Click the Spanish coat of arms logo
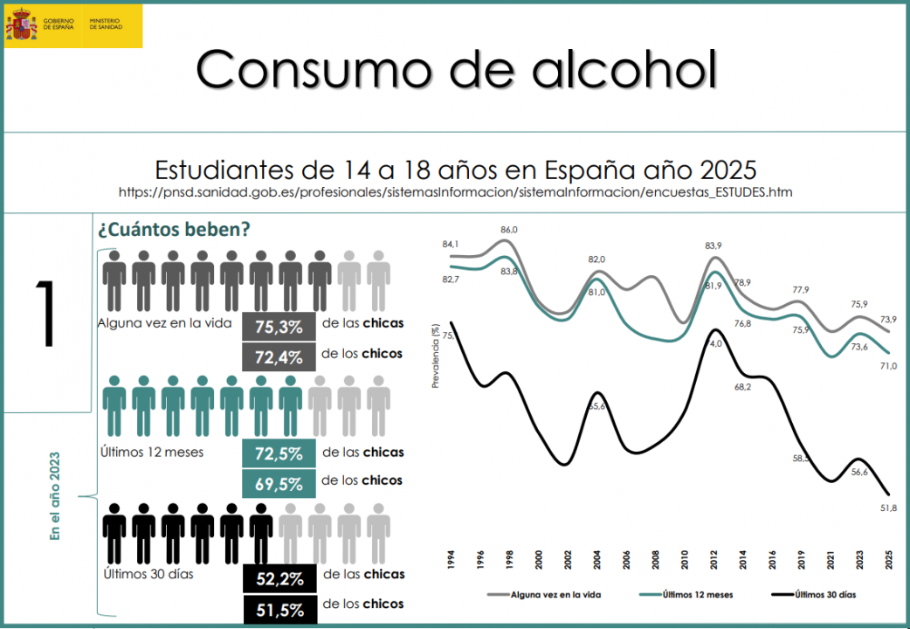pos(21,24)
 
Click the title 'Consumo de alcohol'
pos(456,69)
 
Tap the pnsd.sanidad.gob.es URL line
pos(455,191)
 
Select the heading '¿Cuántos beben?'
pos(175,231)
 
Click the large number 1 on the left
pos(45,314)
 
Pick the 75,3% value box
pos(279,327)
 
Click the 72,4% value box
pos(279,356)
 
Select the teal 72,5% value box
pos(279,454)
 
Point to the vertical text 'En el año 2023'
pos(55,495)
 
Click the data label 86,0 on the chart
pos(509,230)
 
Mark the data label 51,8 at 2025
pos(888,508)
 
